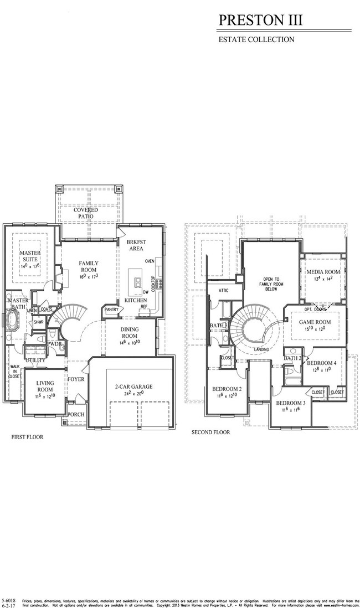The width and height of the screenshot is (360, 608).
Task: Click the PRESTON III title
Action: [x=261, y=20]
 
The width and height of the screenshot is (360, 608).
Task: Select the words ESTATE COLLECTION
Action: [x=256, y=39]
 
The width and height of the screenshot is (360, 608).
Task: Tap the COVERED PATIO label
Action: [x=86, y=213]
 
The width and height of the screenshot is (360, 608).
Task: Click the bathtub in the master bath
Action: [x=12, y=321]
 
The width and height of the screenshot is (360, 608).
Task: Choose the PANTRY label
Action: [x=111, y=310]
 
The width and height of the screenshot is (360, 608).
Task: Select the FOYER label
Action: [x=76, y=379]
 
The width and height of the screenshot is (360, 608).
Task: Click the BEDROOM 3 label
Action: [x=291, y=403]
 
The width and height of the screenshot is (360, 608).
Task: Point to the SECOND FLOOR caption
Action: [x=210, y=432]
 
